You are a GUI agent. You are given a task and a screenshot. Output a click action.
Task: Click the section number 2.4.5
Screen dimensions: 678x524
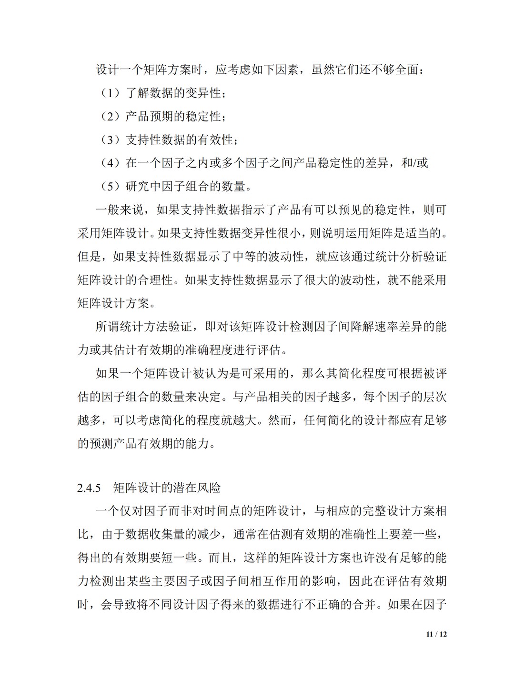pos(89,488)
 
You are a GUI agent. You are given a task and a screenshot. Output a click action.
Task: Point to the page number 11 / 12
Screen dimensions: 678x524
pos(437,634)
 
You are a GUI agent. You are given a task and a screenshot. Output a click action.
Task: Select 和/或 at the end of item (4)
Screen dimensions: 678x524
pos(415,163)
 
